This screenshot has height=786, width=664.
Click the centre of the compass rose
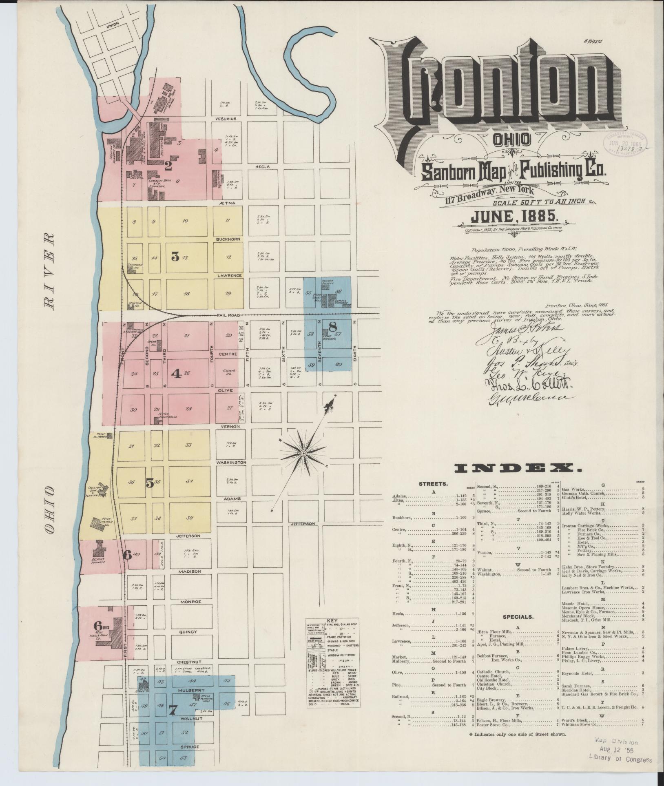tap(303, 454)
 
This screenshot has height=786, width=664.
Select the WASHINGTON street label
tap(231, 463)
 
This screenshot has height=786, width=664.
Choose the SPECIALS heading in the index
tap(518, 617)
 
